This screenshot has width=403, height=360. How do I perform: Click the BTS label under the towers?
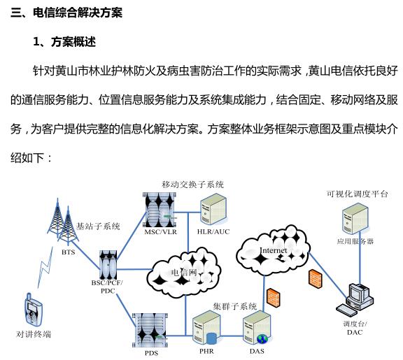pos(69,252)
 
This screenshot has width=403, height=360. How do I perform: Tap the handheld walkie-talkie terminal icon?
pos(33,310)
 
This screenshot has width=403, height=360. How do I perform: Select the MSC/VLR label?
pos(161,232)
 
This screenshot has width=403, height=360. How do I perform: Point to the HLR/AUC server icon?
pos(214,209)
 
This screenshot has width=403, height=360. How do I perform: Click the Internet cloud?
pos(273,247)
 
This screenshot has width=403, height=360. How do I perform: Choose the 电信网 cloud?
pos(184,272)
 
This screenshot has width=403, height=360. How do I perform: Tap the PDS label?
pos(151,353)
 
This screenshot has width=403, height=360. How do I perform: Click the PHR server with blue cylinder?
pos(206,328)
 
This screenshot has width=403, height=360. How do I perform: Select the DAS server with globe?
pos(257,328)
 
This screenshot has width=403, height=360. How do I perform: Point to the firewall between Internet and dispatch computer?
pos(316,279)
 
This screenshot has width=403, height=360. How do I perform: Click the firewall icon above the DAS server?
pos(274,297)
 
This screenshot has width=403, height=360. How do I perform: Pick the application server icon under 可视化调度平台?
pos(355,218)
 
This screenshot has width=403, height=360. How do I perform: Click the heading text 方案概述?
pos(73,42)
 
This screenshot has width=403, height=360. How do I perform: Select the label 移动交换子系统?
pos(193,185)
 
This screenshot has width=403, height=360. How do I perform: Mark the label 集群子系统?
pos(235,306)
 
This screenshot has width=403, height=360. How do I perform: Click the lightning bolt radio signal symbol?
pos(45,267)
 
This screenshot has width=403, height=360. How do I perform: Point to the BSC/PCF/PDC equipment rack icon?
pos(108,265)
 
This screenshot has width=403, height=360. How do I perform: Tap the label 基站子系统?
pos(98,226)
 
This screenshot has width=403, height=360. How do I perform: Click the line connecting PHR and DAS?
pos(232,336)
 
